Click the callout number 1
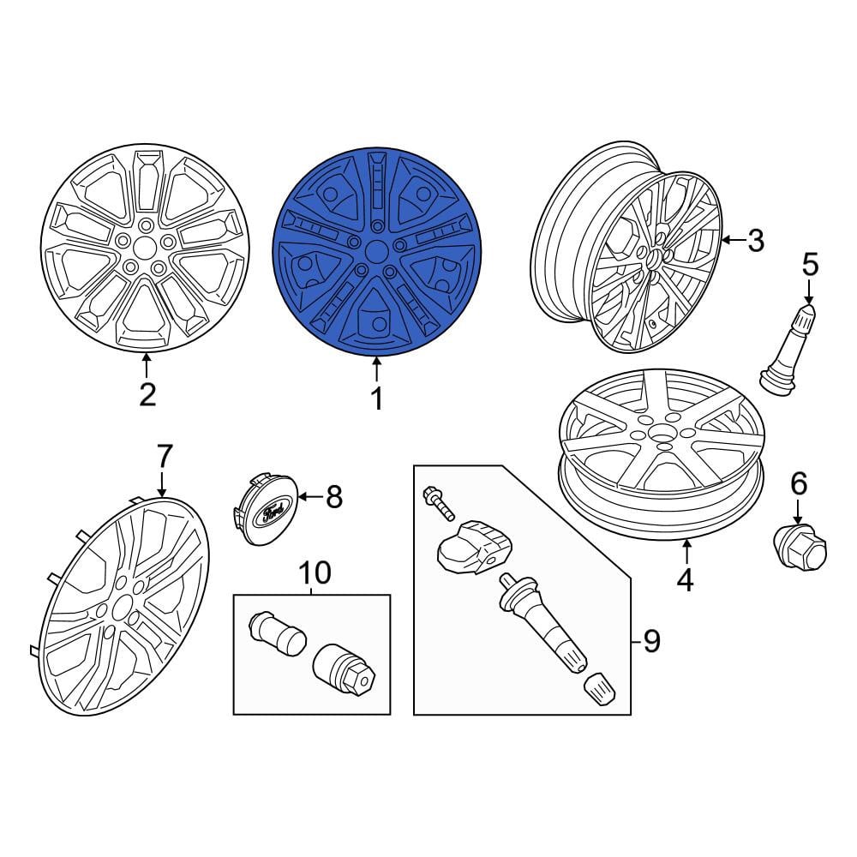tap(377, 399)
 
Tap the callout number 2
tap(147, 394)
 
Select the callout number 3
tap(756, 241)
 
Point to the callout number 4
tap(685, 580)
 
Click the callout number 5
tap(810, 265)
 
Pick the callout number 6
tap(799, 484)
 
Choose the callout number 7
tap(165, 457)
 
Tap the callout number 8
tap(334, 497)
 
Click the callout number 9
tap(651, 640)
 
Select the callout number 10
tap(315, 572)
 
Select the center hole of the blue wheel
tap(376, 252)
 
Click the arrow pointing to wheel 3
tap(734, 240)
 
